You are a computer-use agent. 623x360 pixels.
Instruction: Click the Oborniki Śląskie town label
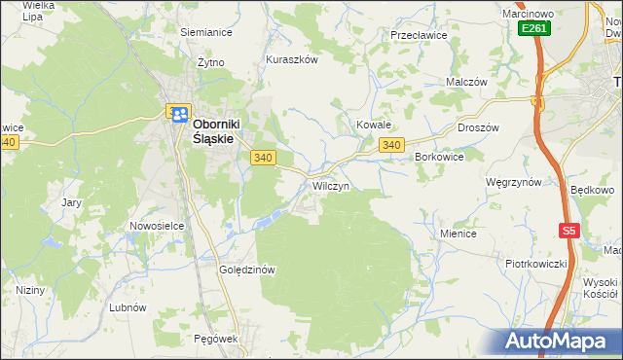tap(212, 131)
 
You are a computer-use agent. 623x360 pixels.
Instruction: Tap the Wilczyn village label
tap(331, 185)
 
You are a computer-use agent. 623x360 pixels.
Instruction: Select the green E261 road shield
tap(533, 29)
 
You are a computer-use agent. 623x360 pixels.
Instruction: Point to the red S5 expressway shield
tap(569, 231)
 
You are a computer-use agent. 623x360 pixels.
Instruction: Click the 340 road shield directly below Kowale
tap(391, 145)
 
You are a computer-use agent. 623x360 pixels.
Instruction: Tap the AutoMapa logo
tap(556, 342)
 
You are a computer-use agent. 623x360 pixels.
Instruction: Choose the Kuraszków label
tap(292, 59)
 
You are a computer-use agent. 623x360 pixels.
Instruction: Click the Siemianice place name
tap(205, 31)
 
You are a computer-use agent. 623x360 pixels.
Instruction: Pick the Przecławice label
tap(418, 35)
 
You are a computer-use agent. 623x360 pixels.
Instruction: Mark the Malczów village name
tap(465, 83)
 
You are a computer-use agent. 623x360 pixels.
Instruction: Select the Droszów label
tap(478, 128)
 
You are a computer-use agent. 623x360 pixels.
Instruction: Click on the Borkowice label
tap(439, 156)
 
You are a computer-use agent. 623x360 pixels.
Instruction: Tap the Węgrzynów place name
tap(513, 182)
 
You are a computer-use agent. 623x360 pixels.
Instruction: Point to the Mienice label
tap(458, 234)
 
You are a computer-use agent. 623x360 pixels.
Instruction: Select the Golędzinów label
tap(249, 270)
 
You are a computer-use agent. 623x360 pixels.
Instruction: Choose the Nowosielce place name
tap(157, 226)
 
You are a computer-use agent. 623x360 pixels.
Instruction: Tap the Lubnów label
tap(128, 306)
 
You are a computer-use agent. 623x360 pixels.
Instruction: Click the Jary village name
tap(71, 202)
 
